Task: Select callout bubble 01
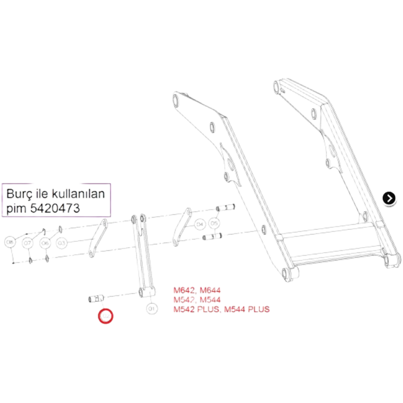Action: click(x=152, y=308)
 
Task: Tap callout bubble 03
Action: click(x=61, y=243)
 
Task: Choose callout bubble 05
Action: click(x=214, y=223)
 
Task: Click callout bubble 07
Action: click(x=27, y=243)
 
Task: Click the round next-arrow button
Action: click(x=389, y=198)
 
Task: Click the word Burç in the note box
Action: click(x=18, y=194)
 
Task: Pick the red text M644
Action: click(x=211, y=291)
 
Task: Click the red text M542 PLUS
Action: click(x=196, y=310)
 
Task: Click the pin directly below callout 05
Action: click(x=214, y=236)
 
